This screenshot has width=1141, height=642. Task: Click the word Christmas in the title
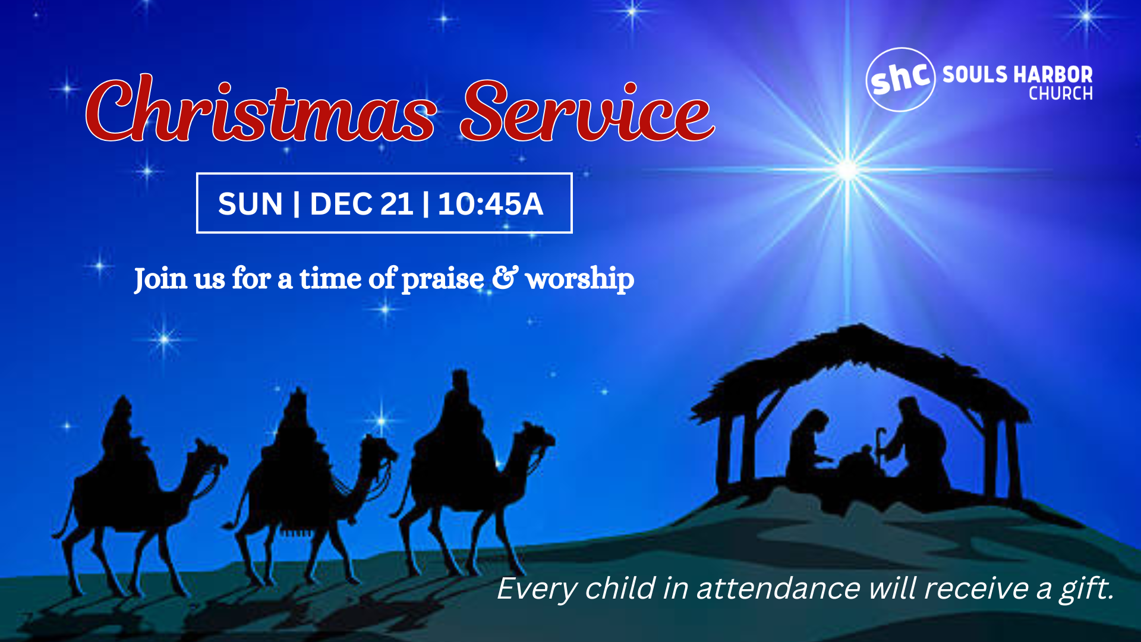[261, 110]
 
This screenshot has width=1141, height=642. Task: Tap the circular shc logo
[900, 80]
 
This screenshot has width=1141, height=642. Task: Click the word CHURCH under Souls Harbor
[1061, 94]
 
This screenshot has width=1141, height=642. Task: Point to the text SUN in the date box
[250, 204]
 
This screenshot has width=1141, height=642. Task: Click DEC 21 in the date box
[361, 204]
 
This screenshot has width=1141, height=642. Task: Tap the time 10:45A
[490, 204]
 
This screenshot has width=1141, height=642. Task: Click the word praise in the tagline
[443, 279]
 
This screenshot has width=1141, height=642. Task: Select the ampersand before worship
[505, 278]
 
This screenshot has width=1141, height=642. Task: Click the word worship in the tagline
[579, 279]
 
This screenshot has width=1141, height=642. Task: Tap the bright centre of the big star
[846, 169]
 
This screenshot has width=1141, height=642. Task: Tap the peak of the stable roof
[858, 328]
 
